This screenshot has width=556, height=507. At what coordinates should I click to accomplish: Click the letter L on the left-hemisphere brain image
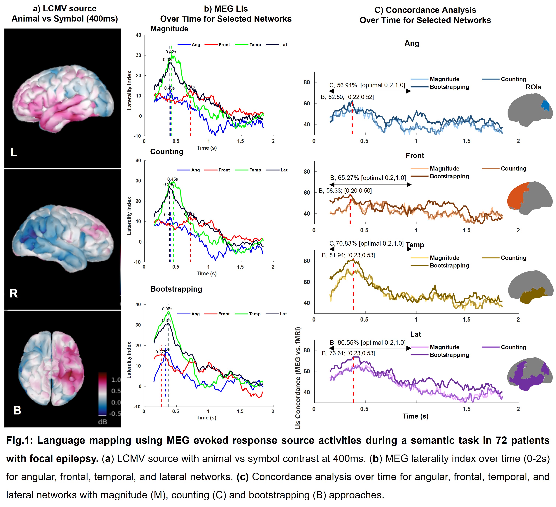(13, 152)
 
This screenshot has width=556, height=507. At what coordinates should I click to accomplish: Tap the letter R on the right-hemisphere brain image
(14, 293)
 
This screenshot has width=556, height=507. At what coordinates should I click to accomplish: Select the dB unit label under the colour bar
(102, 422)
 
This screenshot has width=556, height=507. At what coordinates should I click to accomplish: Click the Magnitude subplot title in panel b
(169, 29)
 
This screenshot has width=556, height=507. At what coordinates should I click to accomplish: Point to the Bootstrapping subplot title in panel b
(176, 289)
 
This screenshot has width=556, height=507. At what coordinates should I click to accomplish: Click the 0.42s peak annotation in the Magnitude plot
(171, 52)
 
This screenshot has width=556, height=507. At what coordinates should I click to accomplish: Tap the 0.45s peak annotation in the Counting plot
(173, 179)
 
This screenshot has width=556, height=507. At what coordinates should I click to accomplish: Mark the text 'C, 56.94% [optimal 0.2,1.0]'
(367, 85)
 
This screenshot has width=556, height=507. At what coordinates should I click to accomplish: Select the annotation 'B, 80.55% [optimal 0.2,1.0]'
(368, 343)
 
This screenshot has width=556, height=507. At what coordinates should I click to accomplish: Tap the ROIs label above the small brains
(533, 87)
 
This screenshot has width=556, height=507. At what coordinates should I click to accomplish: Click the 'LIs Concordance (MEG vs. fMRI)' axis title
(298, 378)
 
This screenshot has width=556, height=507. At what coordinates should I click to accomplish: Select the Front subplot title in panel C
(415, 156)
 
